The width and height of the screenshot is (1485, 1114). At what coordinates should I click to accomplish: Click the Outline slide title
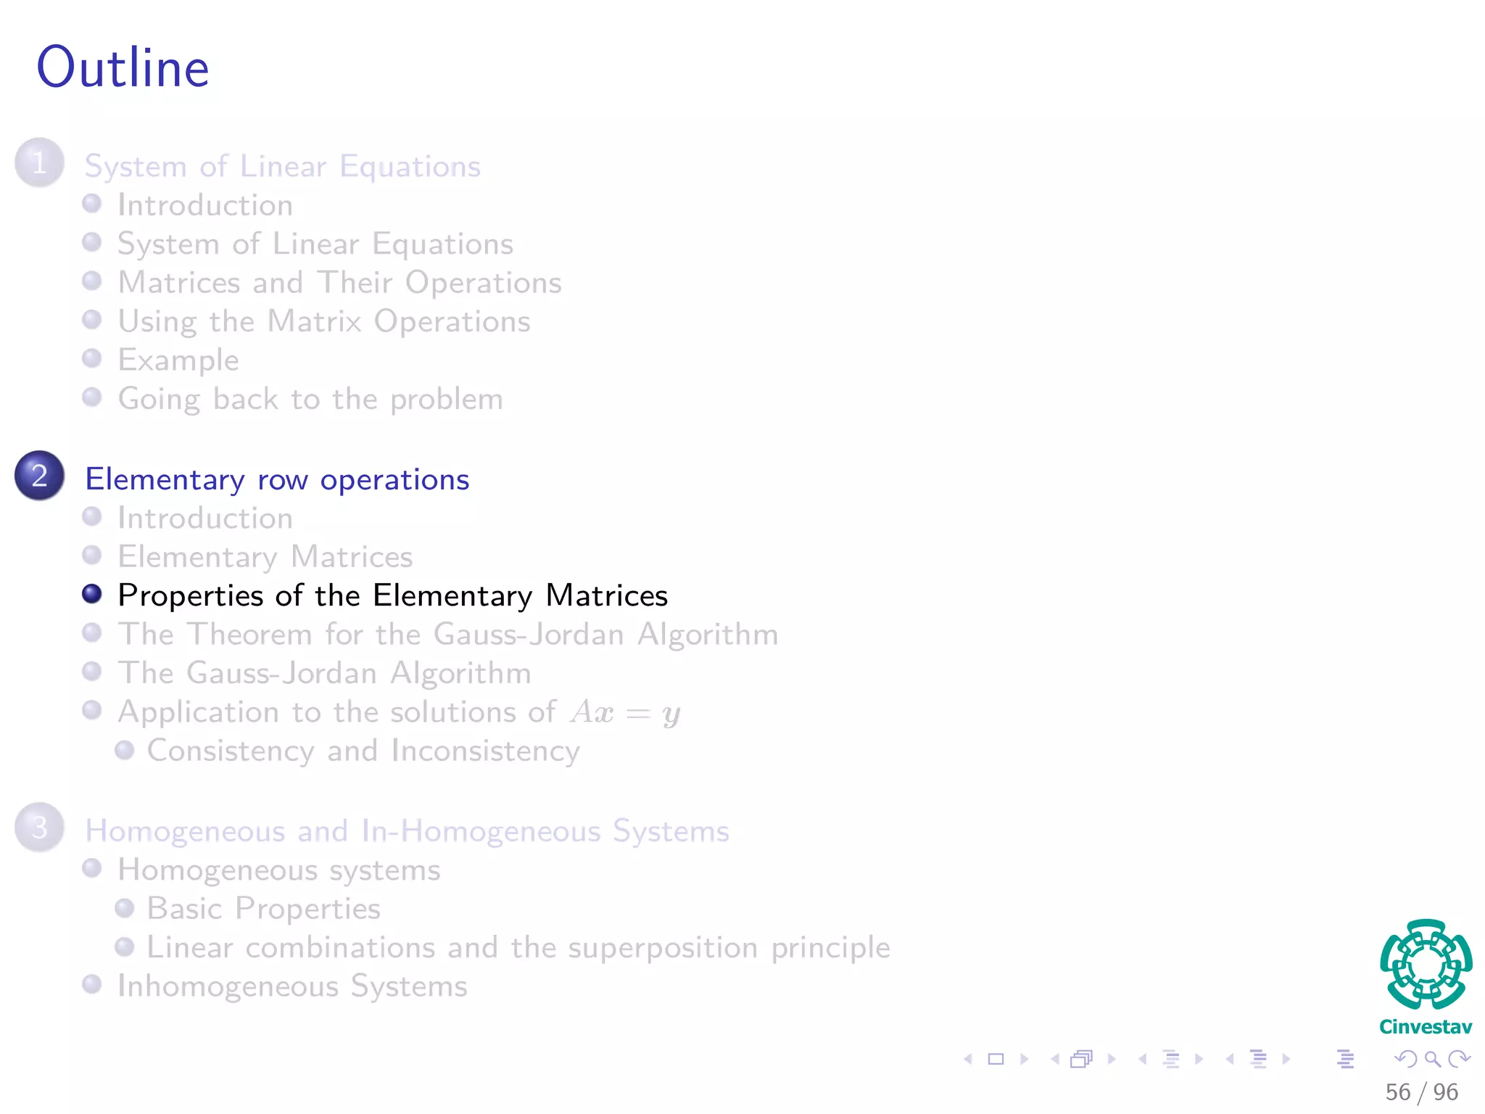pos(123,67)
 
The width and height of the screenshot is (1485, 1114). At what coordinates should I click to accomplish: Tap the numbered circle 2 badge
pos(39,476)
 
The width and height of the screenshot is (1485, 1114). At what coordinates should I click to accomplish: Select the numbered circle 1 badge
pos(39,162)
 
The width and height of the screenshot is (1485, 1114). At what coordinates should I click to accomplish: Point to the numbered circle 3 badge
pos(39,827)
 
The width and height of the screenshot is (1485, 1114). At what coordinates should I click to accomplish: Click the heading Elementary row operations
pos(277,479)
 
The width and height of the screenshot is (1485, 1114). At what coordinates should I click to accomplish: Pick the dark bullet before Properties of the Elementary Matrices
pos(92,594)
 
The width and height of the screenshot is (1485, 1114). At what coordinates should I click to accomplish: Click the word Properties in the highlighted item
pos(190,596)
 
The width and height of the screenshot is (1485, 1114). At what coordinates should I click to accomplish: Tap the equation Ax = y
pos(625,712)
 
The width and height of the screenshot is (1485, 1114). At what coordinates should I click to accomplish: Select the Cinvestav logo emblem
pos(1426,965)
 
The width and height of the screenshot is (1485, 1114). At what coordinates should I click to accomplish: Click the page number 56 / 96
pos(1421,1092)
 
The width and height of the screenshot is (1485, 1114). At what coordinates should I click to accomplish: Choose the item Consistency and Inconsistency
pos(363,751)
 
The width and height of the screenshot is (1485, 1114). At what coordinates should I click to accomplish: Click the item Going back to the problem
pos(310,399)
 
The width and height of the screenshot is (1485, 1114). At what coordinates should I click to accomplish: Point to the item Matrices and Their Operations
pos(339,283)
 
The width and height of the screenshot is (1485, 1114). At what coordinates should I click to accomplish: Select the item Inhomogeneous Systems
pos(292,986)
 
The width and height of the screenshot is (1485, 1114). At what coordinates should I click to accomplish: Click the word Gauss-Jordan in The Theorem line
pos(529,635)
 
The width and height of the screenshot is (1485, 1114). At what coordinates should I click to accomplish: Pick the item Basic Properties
pos(263,909)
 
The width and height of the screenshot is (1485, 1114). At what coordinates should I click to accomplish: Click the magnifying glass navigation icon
pos(1432,1060)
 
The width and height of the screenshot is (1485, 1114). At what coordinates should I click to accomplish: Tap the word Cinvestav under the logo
pos(1426,1027)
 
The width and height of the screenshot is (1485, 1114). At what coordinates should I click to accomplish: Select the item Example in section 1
pos(178,360)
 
